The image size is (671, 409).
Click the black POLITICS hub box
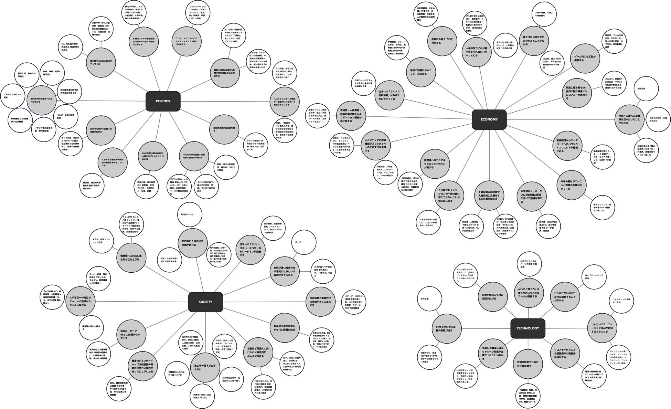tap(163, 101)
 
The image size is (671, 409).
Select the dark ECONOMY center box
tap(489, 119)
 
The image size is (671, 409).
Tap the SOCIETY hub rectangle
tap(205, 302)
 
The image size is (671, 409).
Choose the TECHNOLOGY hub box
tap(528, 328)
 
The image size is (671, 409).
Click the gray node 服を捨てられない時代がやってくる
tap(101, 62)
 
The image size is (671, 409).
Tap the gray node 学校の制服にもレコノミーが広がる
tap(421, 72)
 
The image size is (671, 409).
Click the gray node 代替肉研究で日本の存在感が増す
tap(528, 364)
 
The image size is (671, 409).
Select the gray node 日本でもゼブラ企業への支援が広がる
tap(101, 130)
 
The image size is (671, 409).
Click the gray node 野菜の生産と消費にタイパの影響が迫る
tap(284, 328)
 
